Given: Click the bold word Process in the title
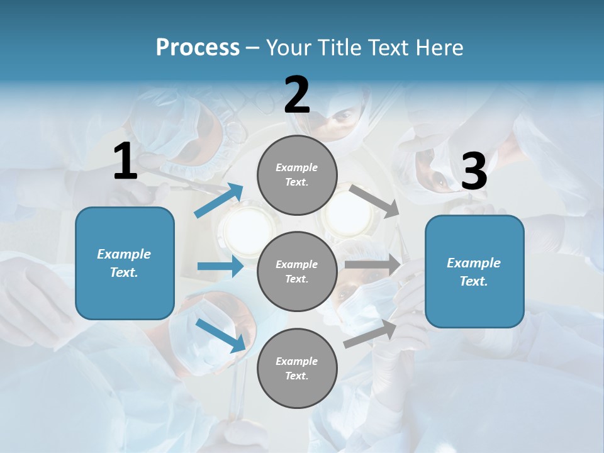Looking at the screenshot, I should [198, 48].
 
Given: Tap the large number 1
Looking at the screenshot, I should [125, 162].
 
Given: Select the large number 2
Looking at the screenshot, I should [297, 95].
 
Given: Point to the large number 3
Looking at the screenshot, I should [474, 171].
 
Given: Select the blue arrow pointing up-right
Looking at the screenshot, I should [219, 201].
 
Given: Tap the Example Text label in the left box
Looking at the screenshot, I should [124, 263].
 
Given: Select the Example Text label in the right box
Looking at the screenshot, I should [474, 272].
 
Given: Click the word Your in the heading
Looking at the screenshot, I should [289, 48].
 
